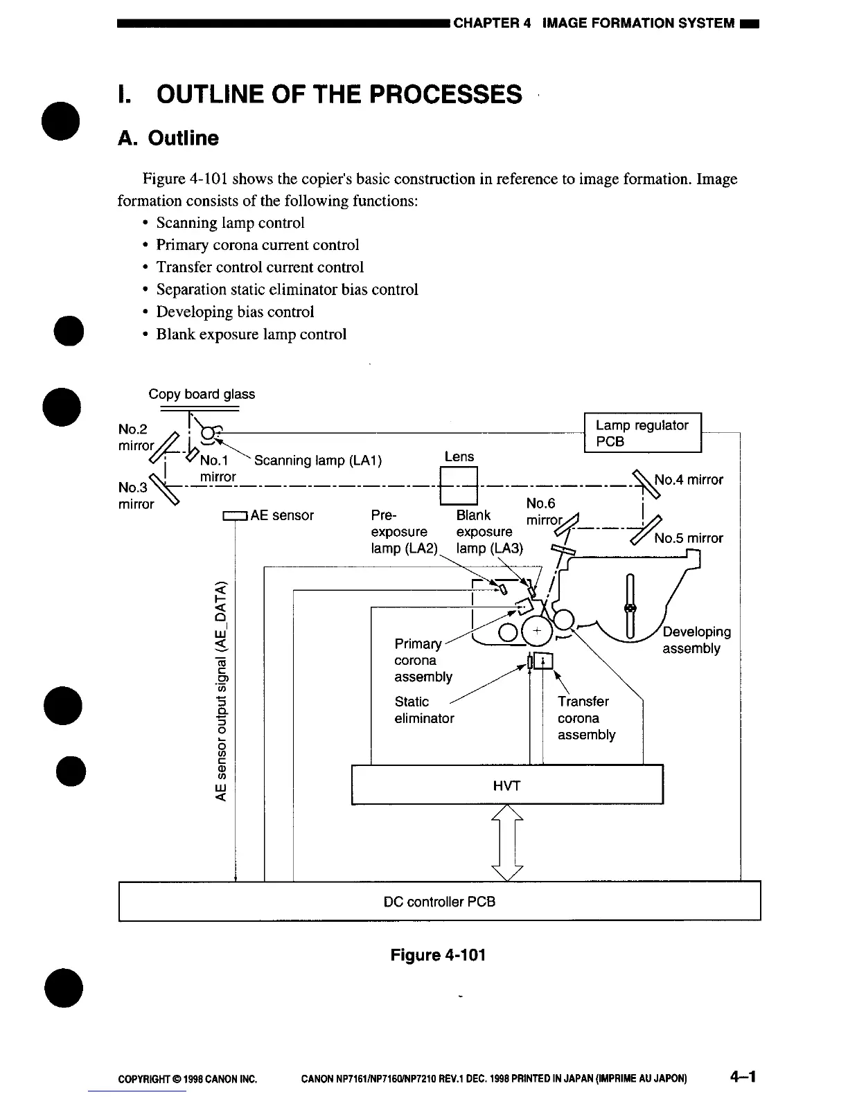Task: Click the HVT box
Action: coord(507,785)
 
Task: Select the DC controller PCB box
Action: coord(439,901)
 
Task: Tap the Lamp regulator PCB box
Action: coord(643,433)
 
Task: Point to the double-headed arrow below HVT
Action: coord(507,843)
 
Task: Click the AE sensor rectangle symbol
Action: coord(235,515)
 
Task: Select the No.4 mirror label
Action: coord(688,479)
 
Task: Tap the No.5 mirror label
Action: coord(688,538)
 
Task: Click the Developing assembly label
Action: coord(696,640)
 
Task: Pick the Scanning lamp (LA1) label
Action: coord(318,461)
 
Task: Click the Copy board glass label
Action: coord(202,394)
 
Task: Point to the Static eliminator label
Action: coord(424,710)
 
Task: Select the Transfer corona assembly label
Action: coord(585,718)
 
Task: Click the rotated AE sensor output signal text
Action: coord(222,690)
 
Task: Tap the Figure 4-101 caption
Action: coord(438,955)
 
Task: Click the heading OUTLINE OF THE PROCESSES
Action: coord(339,94)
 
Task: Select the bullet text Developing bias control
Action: coord(235,312)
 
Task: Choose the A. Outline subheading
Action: coord(168,138)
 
